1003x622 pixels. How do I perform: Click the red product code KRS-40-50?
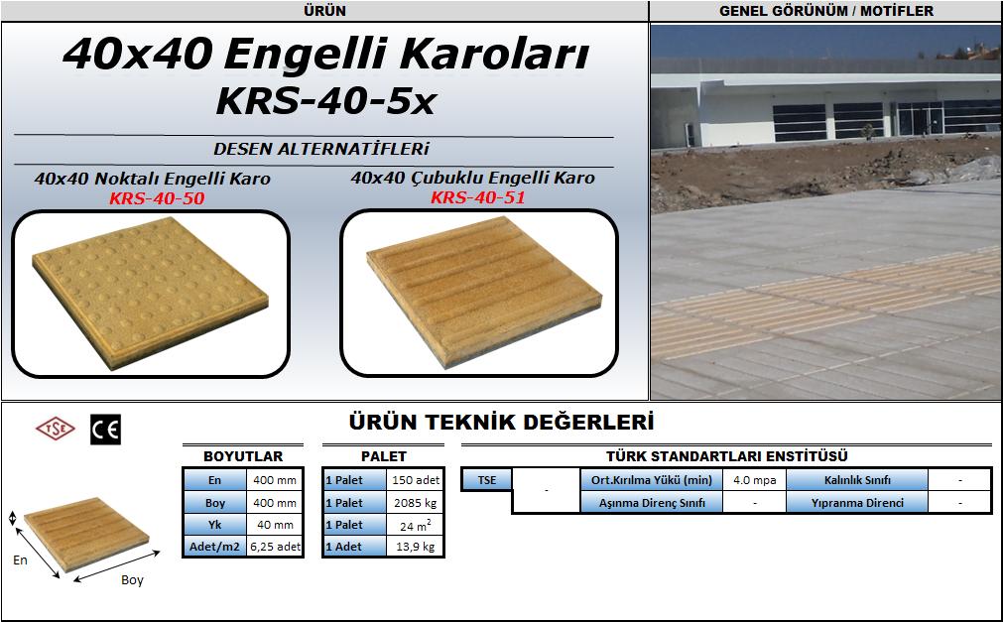pyautogui.click(x=157, y=198)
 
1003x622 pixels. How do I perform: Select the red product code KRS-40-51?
pyautogui.click(x=478, y=197)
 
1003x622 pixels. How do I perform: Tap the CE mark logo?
pyautogui.click(x=105, y=430)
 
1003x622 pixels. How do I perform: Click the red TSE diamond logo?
pyautogui.click(x=55, y=429)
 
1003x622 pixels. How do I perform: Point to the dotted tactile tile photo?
pyautogui.click(x=151, y=292)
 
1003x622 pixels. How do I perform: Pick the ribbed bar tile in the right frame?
pyautogui.click(x=483, y=292)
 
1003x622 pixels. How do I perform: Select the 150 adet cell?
pyautogui.click(x=415, y=480)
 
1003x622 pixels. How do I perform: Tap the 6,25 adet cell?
pyautogui.click(x=275, y=547)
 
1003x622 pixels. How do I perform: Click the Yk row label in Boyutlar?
pyautogui.click(x=215, y=525)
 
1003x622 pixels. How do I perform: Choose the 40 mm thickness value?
pyautogui.click(x=275, y=525)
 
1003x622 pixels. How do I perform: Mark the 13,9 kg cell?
pyautogui.click(x=415, y=547)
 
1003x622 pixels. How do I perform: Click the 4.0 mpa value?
pyautogui.click(x=755, y=480)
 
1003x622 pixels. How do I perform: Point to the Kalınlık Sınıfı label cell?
pyautogui.click(x=857, y=480)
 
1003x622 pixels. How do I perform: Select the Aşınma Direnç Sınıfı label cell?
pyautogui.click(x=652, y=503)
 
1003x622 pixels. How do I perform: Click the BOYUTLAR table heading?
pyautogui.click(x=243, y=456)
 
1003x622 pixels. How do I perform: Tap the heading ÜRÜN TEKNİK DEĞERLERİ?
pyautogui.click(x=502, y=423)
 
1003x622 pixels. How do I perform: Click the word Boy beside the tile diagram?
pyautogui.click(x=132, y=579)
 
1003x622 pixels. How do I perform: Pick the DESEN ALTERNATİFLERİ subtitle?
pyautogui.click(x=321, y=149)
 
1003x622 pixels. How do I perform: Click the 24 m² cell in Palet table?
pyautogui.click(x=415, y=526)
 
